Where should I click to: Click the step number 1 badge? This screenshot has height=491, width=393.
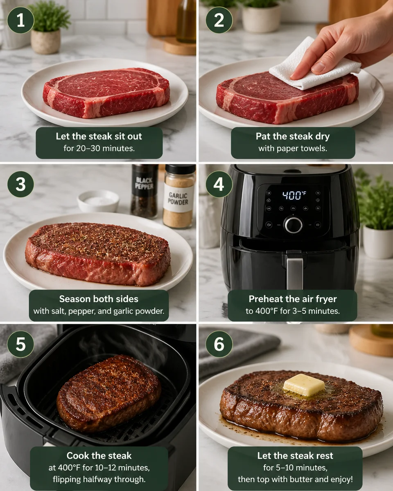click(x=20, y=20)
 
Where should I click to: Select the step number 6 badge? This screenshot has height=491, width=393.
click(x=219, y=344)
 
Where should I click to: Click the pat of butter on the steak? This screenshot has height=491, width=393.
click(x=304, y=385)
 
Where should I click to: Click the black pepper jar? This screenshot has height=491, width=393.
click(x=144, y=191)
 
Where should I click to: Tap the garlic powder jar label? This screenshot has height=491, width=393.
click(x=178, y=199)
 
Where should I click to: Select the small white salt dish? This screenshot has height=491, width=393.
click(x=98, y=200)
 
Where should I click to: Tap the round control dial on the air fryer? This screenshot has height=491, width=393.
click(x=293, y=225)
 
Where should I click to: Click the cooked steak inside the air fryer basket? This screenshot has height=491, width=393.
click(x=108, y=393)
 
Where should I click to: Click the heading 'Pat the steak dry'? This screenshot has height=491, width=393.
click(x=293, y=136)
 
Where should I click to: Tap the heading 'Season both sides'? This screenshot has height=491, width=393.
click(x=99, y=299)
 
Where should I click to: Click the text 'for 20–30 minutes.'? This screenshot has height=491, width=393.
click(x=99, y=148)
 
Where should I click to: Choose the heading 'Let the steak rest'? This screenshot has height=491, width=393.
click(x=295, y=455)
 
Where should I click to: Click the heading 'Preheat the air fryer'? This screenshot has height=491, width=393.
click(x=292, y=299)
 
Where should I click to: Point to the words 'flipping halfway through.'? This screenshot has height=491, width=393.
click(x=99, y=479)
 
